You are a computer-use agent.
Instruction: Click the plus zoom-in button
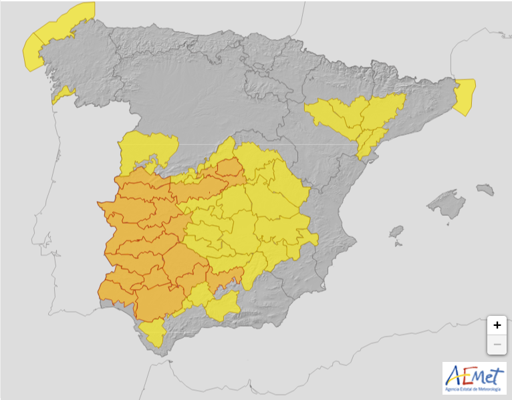tap(497, 325)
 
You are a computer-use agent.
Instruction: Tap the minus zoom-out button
tap(497, 345)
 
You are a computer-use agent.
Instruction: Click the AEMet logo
tap(475, 378)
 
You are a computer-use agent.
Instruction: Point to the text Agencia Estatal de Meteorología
tap(475, 389)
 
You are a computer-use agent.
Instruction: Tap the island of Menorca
tap(486, 189)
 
